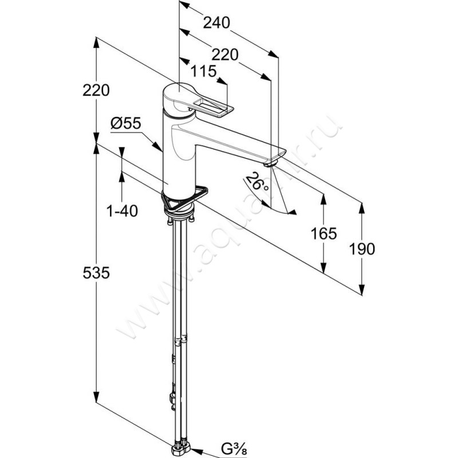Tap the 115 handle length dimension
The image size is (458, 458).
click(x=203, y=72)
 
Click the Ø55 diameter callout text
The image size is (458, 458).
click(x=126, y=122)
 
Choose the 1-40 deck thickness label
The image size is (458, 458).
click(x=122, y=211)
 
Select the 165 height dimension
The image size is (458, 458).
click(x=323, y=233)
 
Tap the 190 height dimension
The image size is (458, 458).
click(x=362, y=248)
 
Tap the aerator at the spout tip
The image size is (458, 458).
click(x=270, y=164)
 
